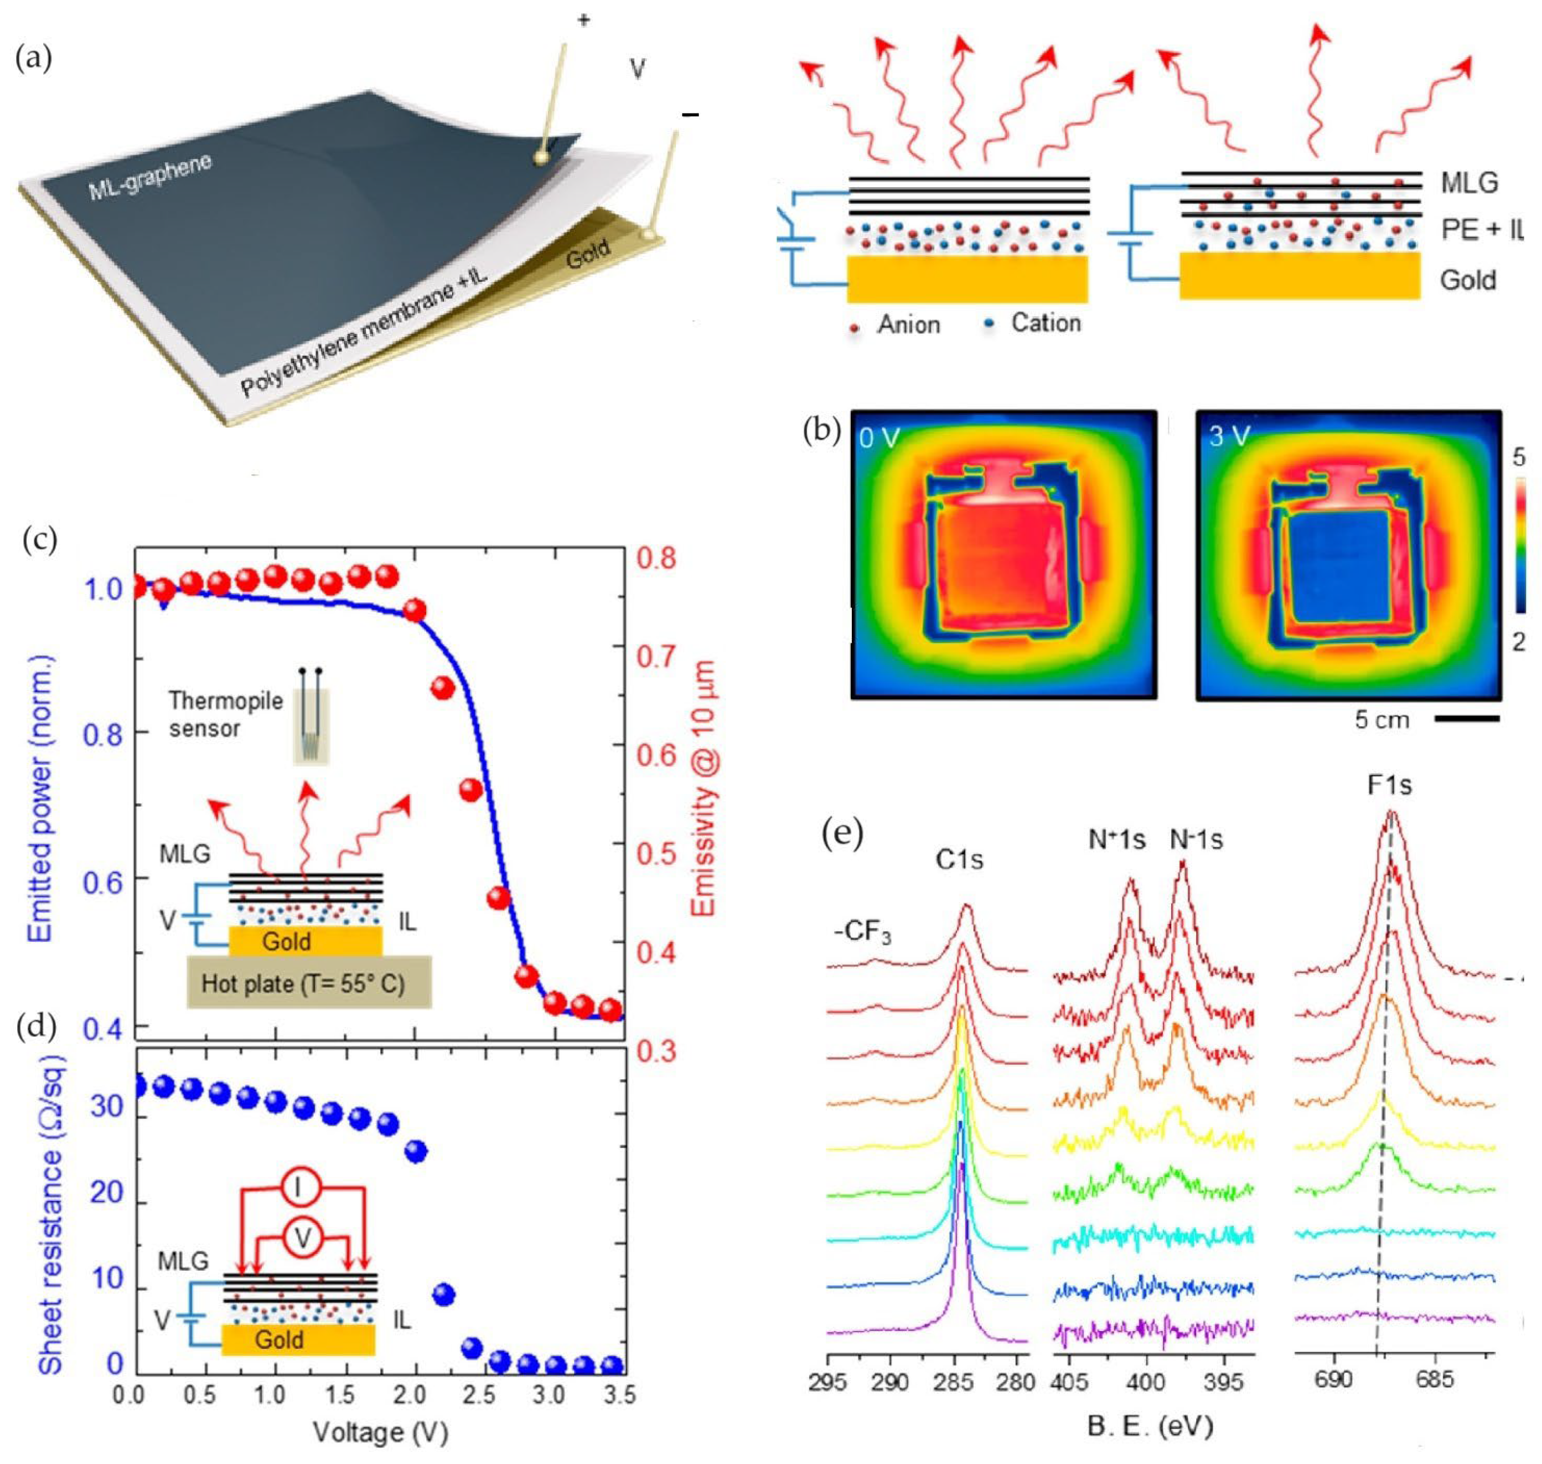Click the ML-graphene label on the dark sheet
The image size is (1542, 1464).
(x=150, y=177)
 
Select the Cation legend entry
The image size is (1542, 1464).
(x=1045, y=322)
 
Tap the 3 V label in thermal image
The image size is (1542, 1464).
(x=1228, y=436)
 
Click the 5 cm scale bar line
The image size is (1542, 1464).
(x=1466, y=717)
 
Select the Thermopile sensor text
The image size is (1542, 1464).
(x=225, y=714)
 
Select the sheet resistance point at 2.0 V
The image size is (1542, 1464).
(x=417, y=1150)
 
